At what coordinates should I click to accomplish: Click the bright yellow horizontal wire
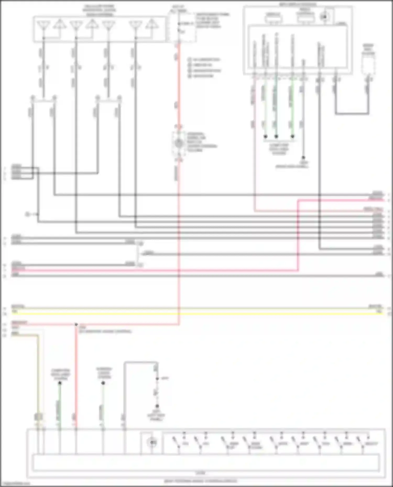coord(196,313)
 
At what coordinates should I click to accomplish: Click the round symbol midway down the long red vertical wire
coord(179,143)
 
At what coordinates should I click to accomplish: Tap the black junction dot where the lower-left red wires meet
coord(76,324)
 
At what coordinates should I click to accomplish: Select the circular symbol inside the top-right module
coord(324,17)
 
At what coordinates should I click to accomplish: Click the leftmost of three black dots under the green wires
coord(265,136)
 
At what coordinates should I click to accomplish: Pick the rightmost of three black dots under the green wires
coord(293,136)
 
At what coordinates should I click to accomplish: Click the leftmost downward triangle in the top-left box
coord(43,26)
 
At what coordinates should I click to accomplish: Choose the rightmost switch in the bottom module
coord(360,442)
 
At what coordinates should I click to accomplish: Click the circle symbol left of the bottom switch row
coord(152,443)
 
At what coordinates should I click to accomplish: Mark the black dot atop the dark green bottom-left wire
coord(60,383)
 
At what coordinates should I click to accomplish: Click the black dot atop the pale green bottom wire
coord(103,383)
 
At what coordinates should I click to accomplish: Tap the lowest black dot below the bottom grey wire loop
coord(157,406)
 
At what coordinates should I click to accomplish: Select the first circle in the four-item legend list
coord(189,60)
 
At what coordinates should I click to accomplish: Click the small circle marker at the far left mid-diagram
coord(27,214)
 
